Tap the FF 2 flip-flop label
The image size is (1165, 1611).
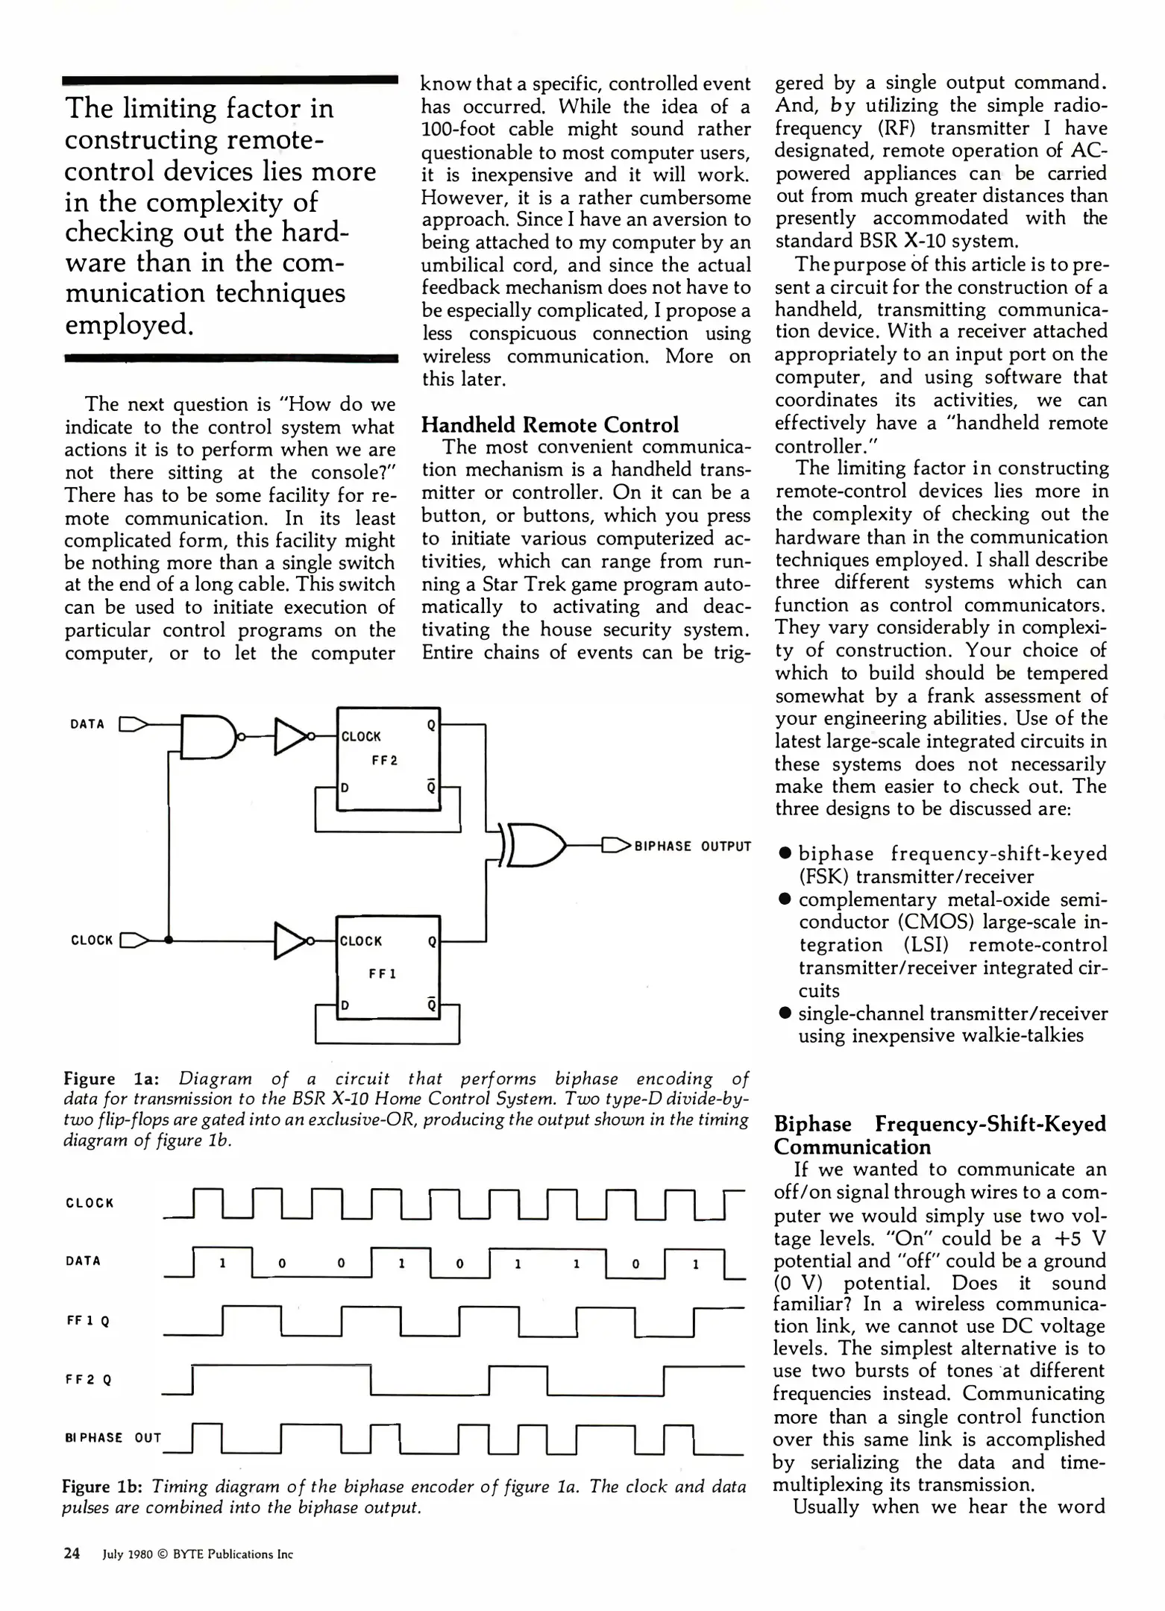pos(384,761)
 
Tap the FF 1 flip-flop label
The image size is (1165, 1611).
pos(383,974)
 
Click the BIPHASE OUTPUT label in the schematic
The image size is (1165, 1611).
pos(692,846)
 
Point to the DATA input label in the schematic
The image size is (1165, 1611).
pos(87,723)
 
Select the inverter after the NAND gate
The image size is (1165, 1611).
pos(292,737)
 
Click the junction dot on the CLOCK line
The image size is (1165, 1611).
pos(169,940)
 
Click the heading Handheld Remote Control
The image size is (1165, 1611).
pos(550,425)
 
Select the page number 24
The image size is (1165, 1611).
pos(72,1554)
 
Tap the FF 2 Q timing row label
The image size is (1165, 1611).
pos(88,1380)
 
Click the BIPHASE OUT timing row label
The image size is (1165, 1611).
pos(113,1437)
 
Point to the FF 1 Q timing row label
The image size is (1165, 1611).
pos(88,1321)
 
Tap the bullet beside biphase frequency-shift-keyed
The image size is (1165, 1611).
pos(784,853)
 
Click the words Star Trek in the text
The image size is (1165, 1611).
pos(517,584)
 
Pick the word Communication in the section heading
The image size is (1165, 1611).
pos(852,1147)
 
